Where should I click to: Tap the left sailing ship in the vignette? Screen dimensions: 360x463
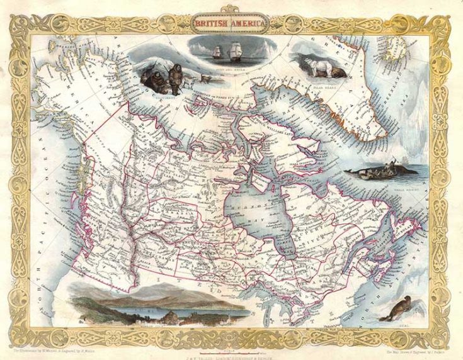(217, 52)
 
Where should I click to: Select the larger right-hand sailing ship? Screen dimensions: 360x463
(237, 50)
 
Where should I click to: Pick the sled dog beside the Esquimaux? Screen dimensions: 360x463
(205, 79)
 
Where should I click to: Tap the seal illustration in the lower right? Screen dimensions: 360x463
(400, 310)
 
